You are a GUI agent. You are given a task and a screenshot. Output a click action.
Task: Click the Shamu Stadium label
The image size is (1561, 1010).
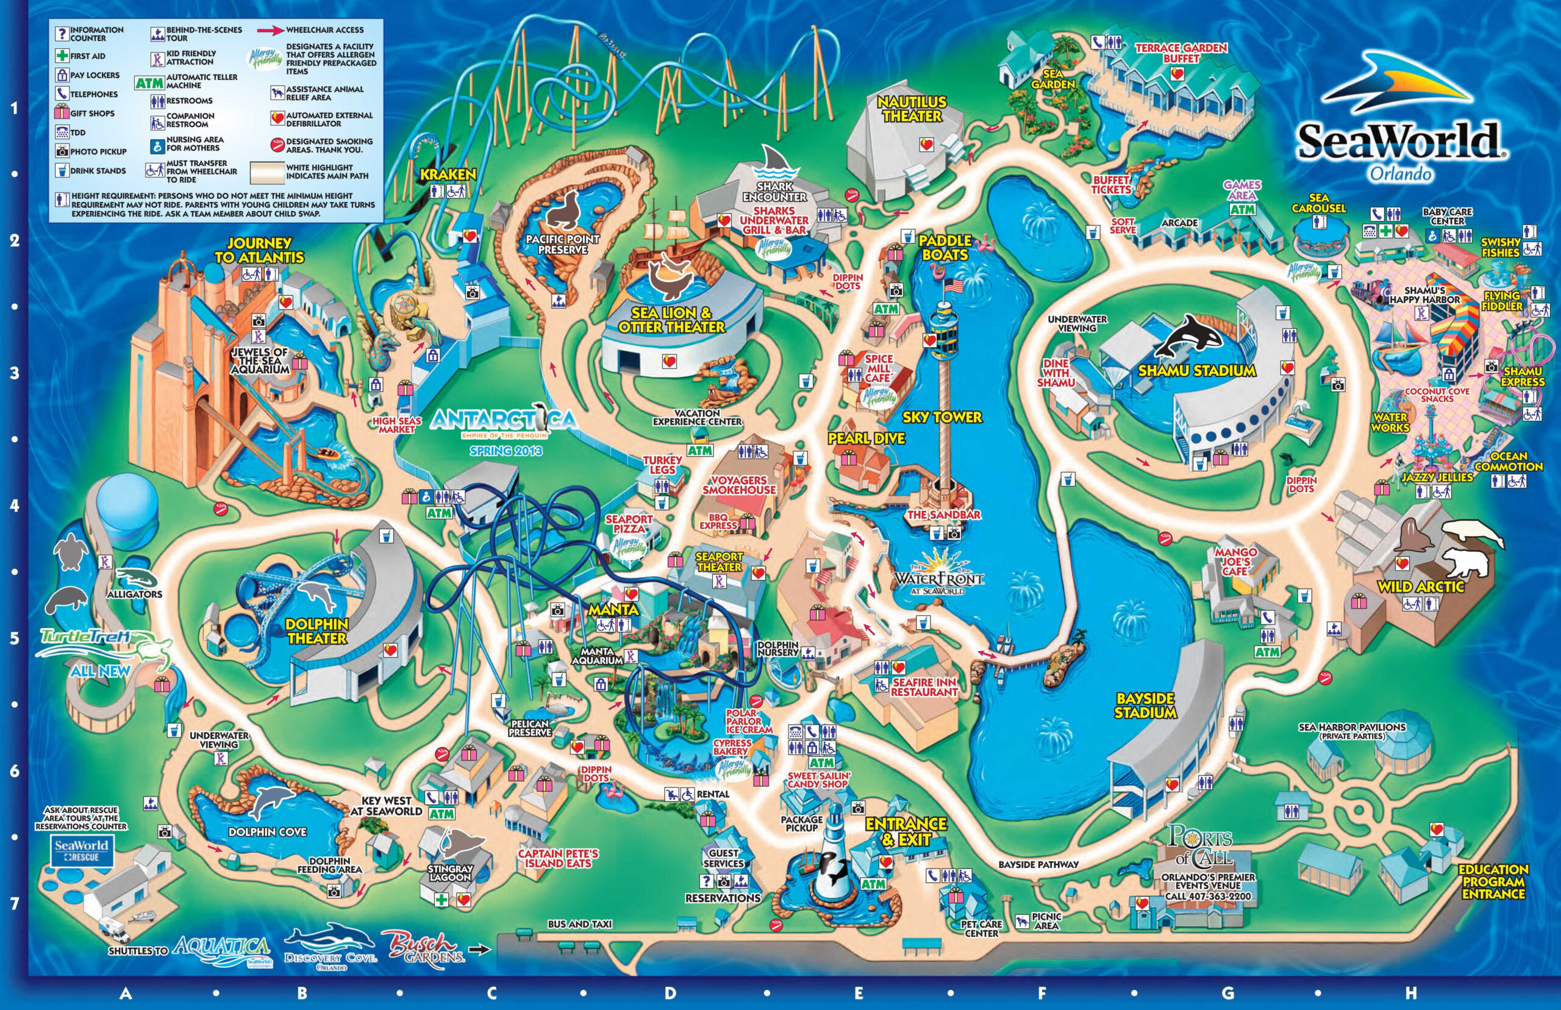[1196, 371]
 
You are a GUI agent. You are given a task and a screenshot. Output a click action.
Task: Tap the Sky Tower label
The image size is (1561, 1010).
[942, 417]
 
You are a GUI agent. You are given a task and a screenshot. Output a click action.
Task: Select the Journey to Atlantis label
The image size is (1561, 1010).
[260, 251]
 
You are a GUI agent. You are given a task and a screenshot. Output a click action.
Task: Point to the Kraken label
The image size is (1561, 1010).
[448, 174]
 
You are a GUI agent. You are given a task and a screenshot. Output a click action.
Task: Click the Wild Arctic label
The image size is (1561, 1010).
[1421, 587]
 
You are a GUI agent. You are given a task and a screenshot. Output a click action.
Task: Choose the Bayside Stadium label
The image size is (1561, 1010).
[1145, 706]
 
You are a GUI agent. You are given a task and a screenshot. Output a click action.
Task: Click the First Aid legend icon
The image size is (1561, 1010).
[62, 56]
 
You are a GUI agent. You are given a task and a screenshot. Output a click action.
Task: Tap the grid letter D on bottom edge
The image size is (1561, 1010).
[670, 992]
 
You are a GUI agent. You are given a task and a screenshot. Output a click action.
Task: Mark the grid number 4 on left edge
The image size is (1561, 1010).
[15, 506]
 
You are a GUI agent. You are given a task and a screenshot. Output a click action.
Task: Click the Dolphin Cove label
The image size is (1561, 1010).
[268, 832]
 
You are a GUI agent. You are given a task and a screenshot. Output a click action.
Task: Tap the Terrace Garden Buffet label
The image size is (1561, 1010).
[1181, 53]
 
